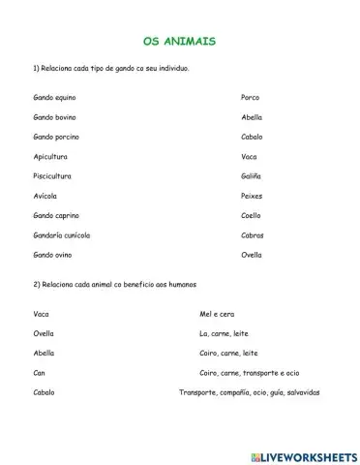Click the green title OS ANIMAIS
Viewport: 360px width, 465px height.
179,42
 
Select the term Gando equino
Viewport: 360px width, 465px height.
54,98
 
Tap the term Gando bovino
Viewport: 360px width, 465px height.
54,117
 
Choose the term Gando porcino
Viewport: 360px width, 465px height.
55,137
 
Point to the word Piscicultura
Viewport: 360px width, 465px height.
52,176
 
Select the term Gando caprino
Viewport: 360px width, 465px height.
55,215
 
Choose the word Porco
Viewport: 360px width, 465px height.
250,98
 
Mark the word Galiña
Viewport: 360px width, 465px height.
251,176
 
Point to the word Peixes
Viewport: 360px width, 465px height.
252,196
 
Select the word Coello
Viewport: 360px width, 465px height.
251,215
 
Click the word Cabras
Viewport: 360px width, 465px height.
252,235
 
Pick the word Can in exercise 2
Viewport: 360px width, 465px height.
39,373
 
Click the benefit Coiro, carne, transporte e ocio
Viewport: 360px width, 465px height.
249,373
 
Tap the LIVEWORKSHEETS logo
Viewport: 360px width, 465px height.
300,454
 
